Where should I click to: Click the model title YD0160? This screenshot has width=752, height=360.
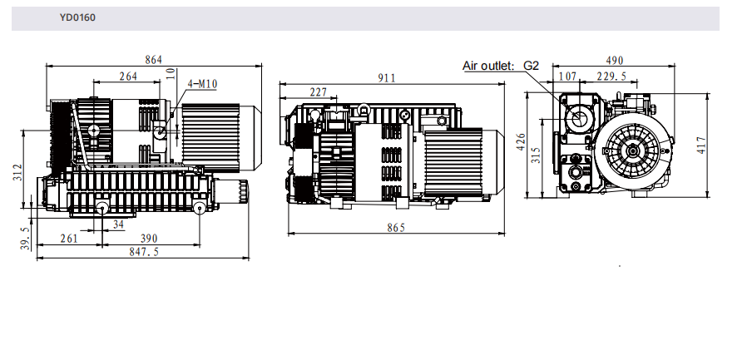(77, 17)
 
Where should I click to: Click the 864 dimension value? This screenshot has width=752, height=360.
(153, 60)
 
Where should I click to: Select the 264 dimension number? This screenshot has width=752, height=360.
(128, 76)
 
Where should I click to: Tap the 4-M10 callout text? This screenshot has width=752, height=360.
(202, 84)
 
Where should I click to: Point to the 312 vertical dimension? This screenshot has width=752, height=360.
(17, 173)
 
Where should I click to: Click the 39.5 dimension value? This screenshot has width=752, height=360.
(25, 239)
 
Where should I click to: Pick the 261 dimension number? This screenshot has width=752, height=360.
(69, 239)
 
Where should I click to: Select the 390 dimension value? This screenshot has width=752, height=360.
(149, 239)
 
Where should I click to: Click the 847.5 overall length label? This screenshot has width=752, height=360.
(144, 251)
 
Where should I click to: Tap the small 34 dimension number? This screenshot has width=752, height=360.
(118, 224)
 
